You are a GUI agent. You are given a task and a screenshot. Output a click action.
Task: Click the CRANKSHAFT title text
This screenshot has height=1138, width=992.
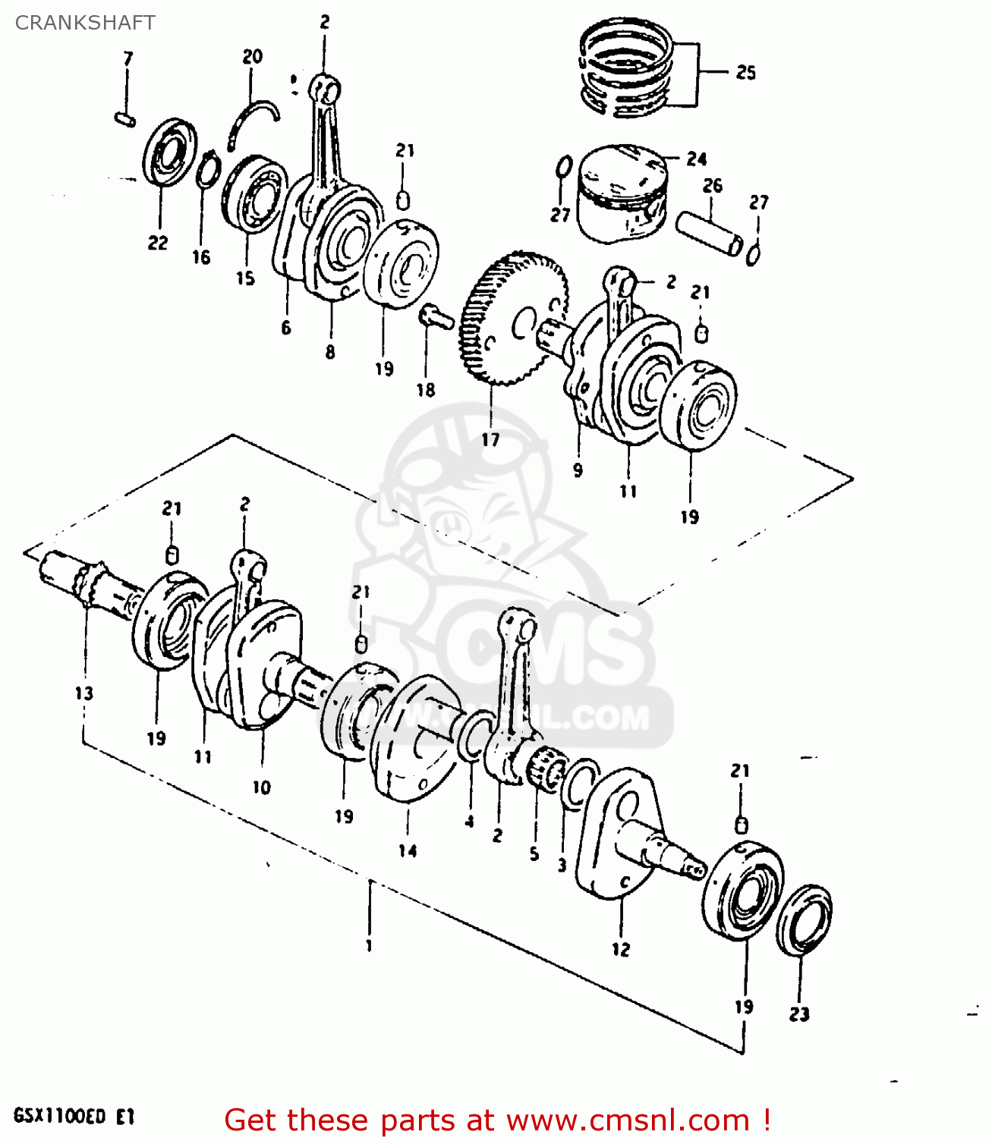(x=85, y=23)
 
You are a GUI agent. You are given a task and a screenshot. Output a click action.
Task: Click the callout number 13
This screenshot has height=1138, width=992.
(x=83, y=693)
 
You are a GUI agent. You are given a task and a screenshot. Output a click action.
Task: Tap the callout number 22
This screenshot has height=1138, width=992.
(x=158, y=243)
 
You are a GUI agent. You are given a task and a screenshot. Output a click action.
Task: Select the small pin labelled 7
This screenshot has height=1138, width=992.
(x=125, y=118)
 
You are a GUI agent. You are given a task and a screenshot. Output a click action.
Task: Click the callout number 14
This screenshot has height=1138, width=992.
(x=408, y=850)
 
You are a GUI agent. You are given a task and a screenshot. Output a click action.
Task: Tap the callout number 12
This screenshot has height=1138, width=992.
(x=621, y=949)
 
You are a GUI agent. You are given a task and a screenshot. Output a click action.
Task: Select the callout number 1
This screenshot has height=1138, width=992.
(x=369, y=946)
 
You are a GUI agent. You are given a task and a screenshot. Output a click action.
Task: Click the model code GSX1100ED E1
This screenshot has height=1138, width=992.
(x=74, y=1118)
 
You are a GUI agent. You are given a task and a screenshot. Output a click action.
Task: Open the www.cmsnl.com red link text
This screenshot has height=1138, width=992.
(x=628, y=1121)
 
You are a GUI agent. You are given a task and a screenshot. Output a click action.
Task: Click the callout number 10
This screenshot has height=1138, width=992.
(x=261, y=787)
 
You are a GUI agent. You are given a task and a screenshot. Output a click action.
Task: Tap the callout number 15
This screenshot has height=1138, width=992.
(x=245, y=278)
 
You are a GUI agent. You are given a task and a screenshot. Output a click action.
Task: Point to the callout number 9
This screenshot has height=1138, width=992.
(x=578, y=470)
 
